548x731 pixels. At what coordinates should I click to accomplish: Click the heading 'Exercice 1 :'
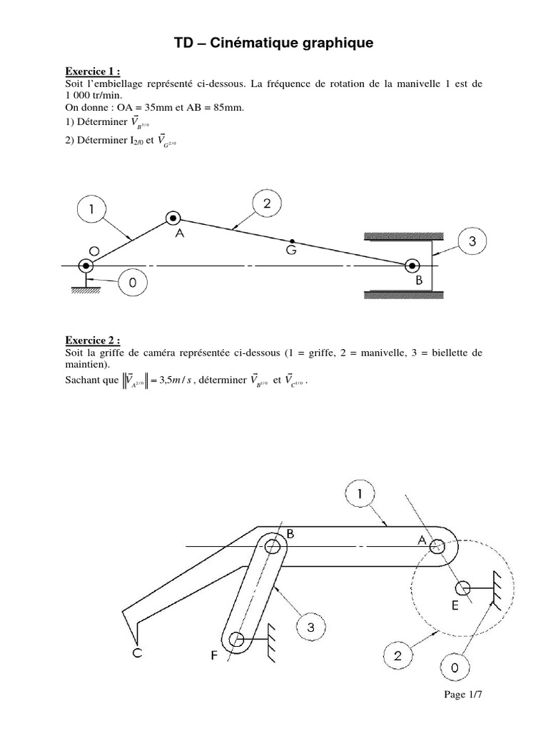tap(92, 71)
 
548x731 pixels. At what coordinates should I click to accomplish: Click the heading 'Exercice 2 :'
tap(92, 341)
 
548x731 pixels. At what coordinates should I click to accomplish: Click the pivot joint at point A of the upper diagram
tap(172, 219)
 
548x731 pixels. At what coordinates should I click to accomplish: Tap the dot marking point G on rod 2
tap(292, 241)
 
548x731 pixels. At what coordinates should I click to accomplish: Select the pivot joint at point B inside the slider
tap(412, 266)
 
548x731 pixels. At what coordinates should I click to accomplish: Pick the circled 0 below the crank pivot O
tap(132, 283)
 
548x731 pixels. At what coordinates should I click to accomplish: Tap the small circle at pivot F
tap(237, 638)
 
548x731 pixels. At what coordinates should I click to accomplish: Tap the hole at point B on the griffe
tap(273, 548)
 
